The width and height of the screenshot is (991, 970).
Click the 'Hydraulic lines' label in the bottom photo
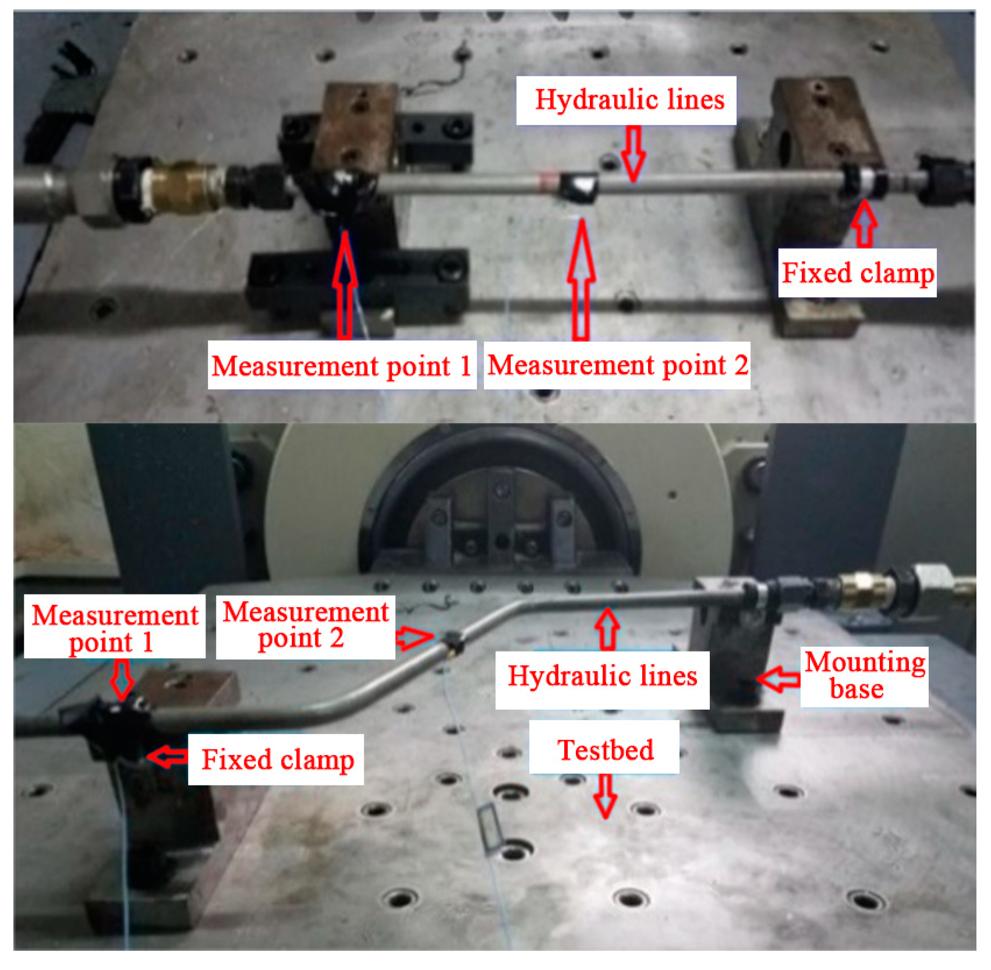602,677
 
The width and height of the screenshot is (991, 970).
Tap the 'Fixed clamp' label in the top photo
857,273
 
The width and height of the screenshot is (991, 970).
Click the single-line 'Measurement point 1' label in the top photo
342,366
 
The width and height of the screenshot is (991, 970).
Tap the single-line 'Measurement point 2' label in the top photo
617,366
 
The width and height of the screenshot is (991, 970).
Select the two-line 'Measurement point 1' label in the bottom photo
115,628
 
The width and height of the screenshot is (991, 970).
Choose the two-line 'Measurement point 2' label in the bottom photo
305,626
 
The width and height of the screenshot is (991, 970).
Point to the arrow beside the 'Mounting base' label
778,679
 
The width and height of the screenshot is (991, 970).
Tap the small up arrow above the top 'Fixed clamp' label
865,224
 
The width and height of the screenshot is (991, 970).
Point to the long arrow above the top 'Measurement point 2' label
581,279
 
